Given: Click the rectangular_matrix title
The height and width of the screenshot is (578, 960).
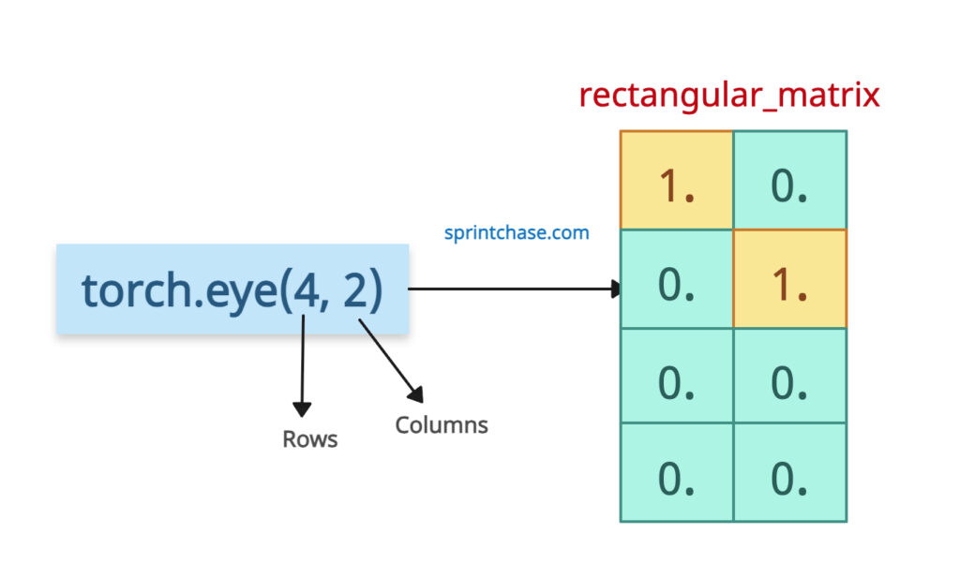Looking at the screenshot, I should pos(728,96).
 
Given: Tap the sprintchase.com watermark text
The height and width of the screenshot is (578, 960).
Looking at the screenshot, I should pos(517,232).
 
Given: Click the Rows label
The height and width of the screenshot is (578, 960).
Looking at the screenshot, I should pos(309,439).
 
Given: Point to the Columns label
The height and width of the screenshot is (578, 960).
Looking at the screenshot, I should pos(441,425).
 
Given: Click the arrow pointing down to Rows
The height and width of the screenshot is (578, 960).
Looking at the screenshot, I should pos(301,365).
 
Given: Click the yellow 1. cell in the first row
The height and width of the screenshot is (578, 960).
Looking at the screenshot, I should pos(676,181).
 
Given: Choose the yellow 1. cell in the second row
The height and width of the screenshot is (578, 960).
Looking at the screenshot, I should pos(789,279).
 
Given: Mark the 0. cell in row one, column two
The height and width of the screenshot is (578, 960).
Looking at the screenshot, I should pos(789,181).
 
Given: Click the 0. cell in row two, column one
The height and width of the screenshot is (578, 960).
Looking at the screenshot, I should pos(676,279).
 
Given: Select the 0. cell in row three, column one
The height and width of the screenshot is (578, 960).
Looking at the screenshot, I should pos(676,377).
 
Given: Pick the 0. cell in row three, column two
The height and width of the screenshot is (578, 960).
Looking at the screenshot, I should pos(789,377).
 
